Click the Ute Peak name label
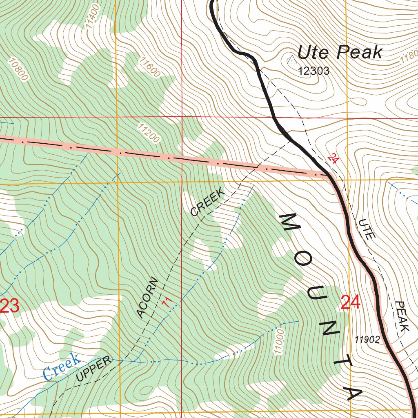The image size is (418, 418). (340, 53)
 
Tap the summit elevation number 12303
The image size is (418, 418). (313, 71)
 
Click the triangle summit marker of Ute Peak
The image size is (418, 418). (292, 60)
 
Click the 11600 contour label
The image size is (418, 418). (149, 67)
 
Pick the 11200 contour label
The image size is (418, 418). (148, 134)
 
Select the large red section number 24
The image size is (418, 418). (350, 303)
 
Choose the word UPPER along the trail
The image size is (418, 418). (94, 369)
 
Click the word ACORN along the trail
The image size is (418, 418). (147, 298)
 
